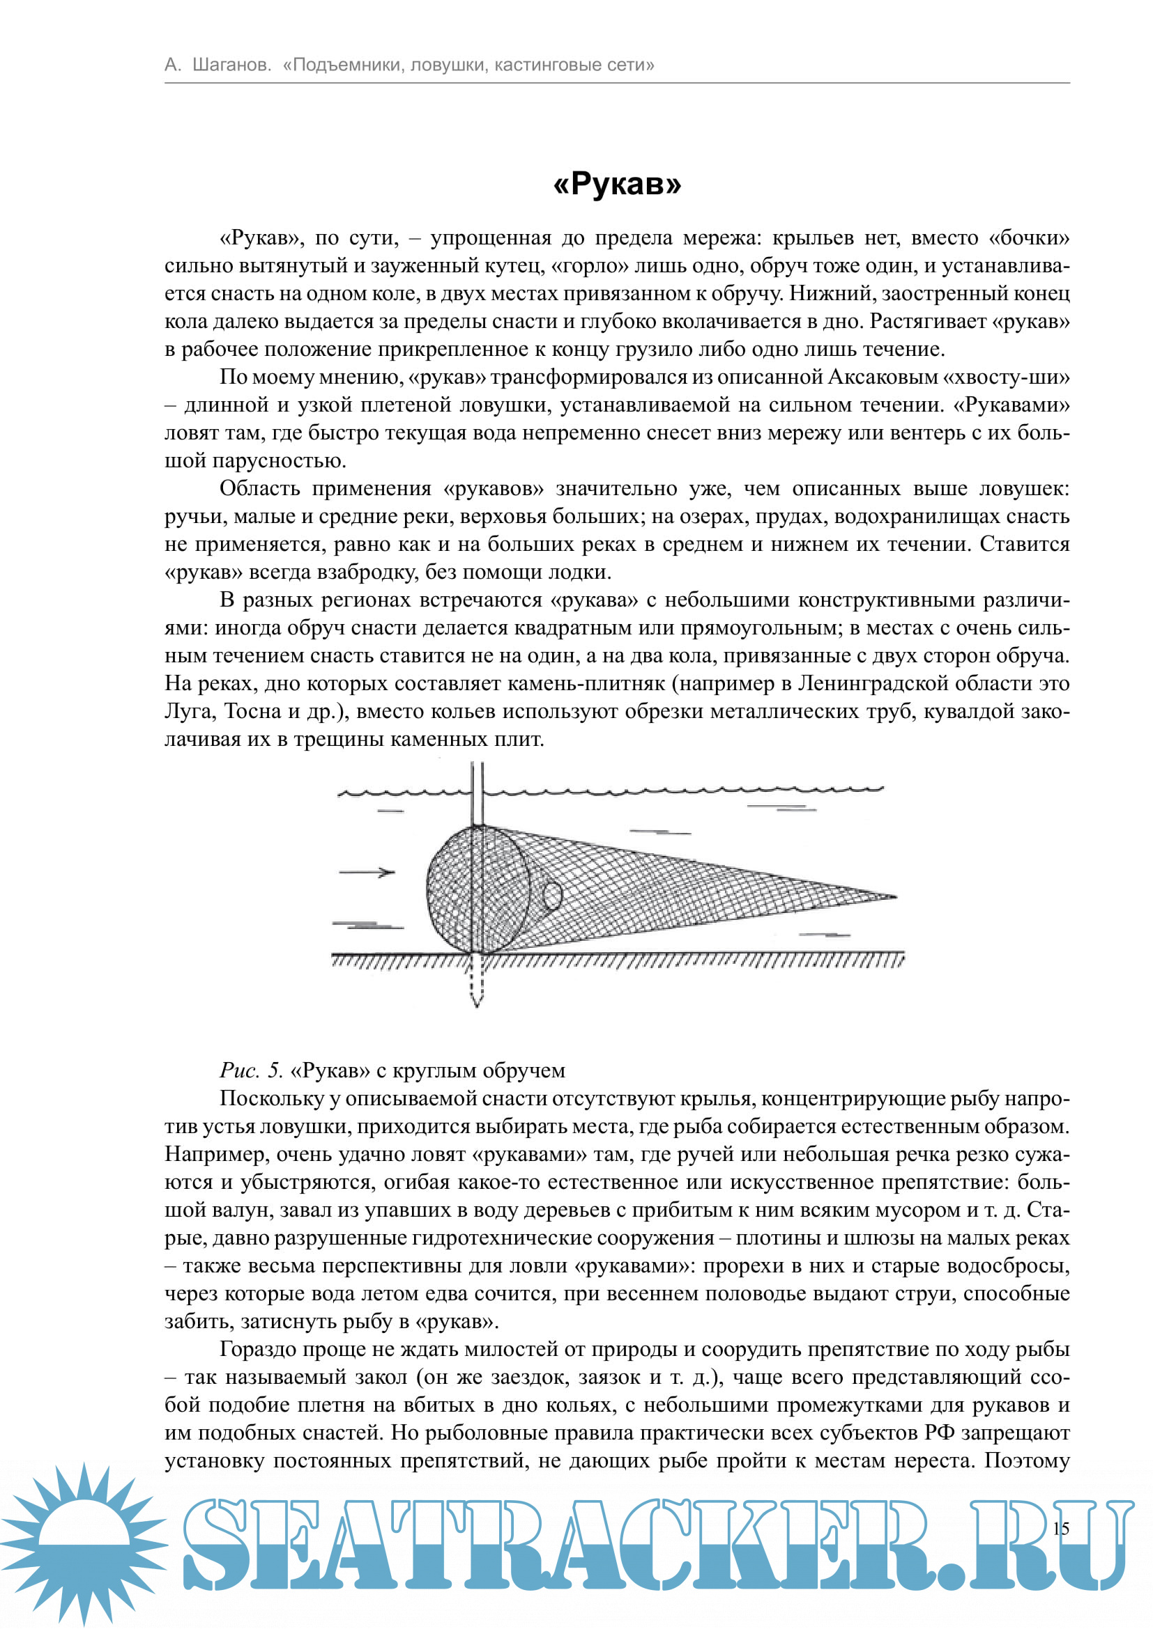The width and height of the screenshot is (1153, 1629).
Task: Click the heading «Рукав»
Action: coord(616,184)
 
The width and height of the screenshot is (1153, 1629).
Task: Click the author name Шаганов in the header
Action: coord(231,65)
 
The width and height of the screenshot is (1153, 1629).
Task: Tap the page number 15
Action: coord(1061,1527)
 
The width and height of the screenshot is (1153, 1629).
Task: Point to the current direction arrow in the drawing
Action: coord(367,872)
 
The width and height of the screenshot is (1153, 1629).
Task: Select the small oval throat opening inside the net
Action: coord(552,896)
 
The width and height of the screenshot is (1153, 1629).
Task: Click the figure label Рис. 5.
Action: coord(252,1070)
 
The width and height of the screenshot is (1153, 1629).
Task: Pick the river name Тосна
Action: coord(254,711)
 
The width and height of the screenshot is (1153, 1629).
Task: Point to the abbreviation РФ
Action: coord(938,1433)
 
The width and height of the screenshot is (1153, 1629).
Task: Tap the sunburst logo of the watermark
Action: coord(84,1543)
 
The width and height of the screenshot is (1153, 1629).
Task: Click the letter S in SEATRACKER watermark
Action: coord(217,1543)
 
